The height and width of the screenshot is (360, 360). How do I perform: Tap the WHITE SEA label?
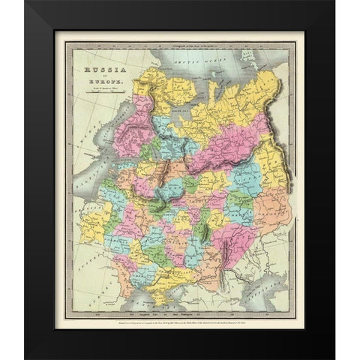166,96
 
